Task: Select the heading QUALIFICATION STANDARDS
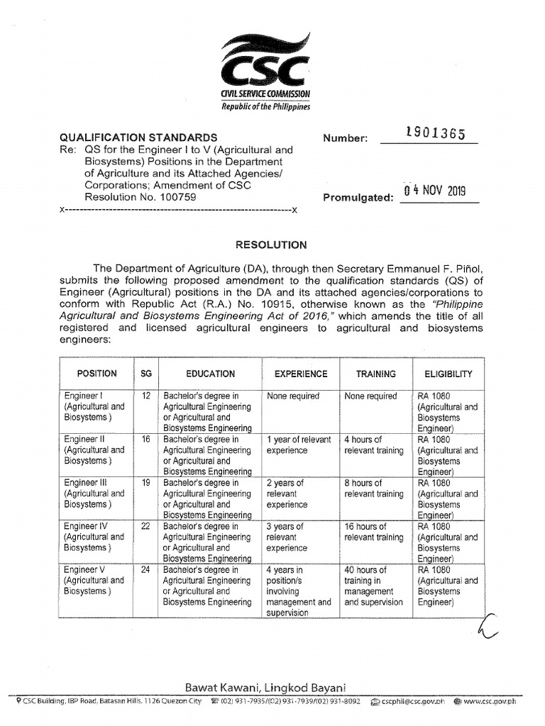pos(138,137)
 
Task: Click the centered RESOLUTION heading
pos(271,245)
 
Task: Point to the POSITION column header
pos(97,374)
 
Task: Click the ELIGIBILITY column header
pos(448,374)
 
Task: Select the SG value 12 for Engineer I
pos(146,396)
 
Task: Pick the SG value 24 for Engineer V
pos(146,570)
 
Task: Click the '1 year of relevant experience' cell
pos(298,445)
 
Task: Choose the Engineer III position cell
pos(94,493)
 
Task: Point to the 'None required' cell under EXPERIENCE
pos(293,396)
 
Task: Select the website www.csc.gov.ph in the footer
pos(495,701)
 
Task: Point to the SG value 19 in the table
pos(146,483)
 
